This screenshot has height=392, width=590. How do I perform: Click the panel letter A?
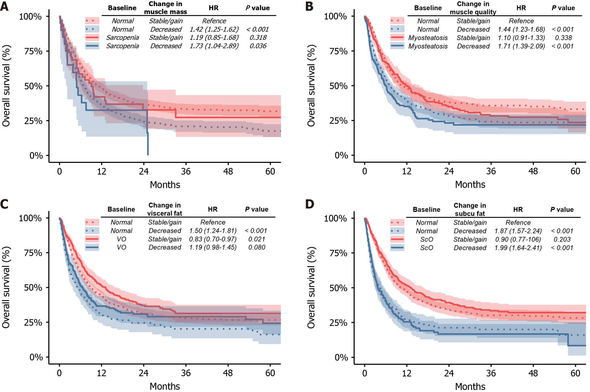(4, 6)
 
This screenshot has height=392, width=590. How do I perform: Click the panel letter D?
(310, 204)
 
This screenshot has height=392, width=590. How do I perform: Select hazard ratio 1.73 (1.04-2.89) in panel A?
(214, 46)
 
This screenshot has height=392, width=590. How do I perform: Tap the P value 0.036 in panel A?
(258, 46)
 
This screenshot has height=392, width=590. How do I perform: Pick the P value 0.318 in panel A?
(258, 38)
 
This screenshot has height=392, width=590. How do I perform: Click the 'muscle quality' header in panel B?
(473, 12)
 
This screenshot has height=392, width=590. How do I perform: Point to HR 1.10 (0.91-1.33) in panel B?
(521, 38)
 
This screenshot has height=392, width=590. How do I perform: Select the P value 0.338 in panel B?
(563, 38)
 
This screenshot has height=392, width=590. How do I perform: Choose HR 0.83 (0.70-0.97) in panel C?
(213, 239)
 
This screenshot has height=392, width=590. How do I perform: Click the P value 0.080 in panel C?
(257, 247)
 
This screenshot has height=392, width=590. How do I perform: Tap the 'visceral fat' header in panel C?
(164, 213)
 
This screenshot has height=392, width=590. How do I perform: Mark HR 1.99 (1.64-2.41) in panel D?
(518, 248)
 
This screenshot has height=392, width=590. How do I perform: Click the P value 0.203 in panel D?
(562, 239)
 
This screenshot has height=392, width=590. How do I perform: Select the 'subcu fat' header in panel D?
(470, 214)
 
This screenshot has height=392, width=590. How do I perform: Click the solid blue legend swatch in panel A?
(92, 46)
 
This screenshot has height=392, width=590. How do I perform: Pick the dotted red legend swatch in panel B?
(397, 21)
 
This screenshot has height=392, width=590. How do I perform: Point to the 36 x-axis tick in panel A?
(186, 171)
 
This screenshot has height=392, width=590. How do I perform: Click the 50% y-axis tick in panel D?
(338, 288)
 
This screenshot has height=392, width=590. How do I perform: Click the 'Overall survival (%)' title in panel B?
(311, 85)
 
